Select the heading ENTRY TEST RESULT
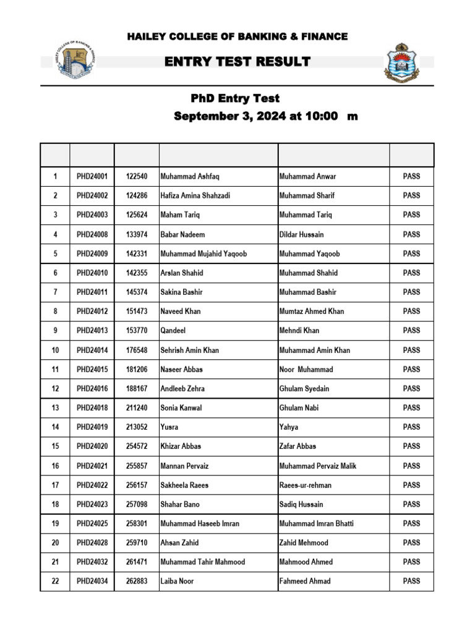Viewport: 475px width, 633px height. [237, 61]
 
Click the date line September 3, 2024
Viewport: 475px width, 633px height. [265, 116]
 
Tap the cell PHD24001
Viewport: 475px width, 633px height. [92, 176]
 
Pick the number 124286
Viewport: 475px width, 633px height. [137, 195]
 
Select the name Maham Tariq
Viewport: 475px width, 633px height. [180, 215]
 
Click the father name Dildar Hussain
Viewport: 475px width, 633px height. [301, 234]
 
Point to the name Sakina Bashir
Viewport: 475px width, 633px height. [181, 292]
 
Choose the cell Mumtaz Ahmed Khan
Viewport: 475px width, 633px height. [311, 311]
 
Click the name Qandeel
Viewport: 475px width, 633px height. [173, 331]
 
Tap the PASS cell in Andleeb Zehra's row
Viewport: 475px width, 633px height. [411, 388]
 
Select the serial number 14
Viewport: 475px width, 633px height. [55, 427]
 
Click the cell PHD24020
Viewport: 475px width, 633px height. [92, 446]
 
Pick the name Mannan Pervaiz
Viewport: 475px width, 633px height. [185, 465]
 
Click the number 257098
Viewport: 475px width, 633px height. [137, 504]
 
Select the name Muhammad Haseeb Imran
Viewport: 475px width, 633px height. [199, 524]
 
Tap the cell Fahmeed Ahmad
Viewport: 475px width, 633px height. [305, 581]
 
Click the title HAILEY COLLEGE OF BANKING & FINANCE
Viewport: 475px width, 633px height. [237, 37]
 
